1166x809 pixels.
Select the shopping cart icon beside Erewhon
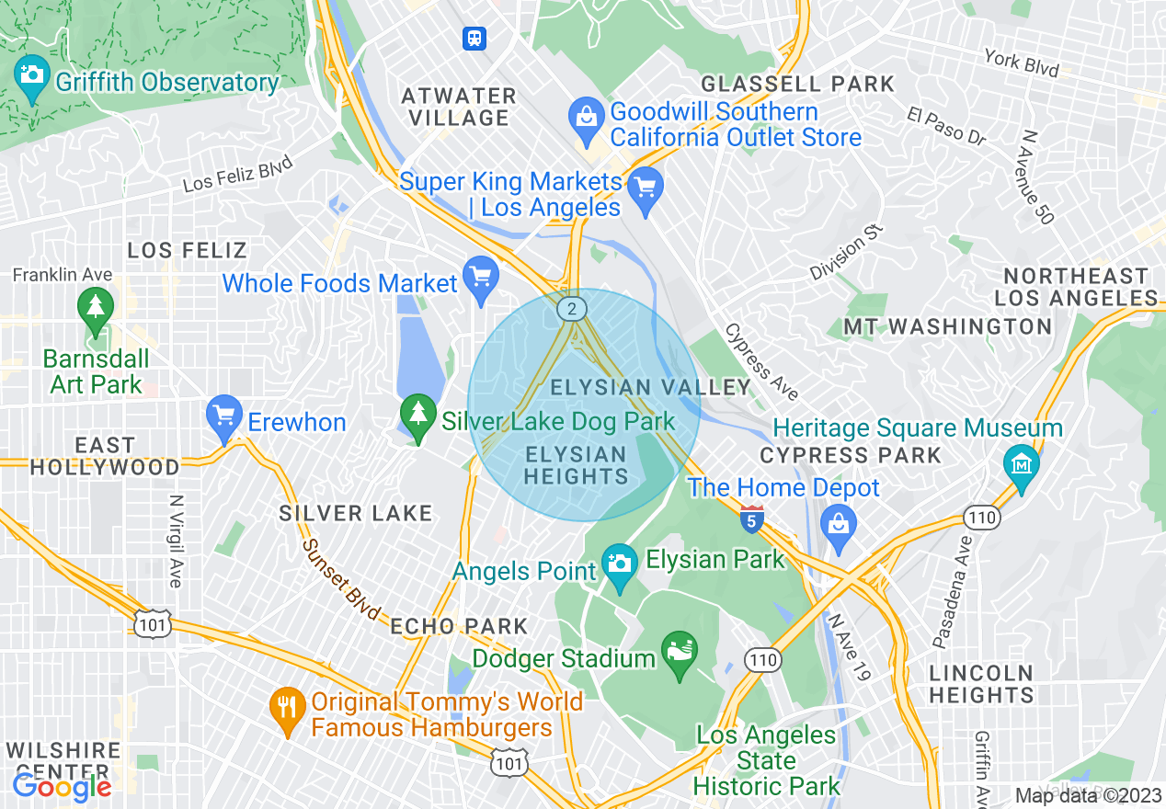coord(224,418)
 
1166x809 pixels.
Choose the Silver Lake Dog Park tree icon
coord(418,417)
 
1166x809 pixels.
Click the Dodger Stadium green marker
coord(680,654)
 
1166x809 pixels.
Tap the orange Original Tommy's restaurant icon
coord(288,709)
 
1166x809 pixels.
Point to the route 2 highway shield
coord(572,310)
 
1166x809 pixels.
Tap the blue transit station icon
coord(474,38)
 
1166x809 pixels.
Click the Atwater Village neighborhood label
coord(459,107)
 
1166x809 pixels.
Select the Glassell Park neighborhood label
coord(797,84)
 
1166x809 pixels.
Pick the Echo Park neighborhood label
coord(459,626)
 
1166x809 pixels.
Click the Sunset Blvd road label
coord(341,577)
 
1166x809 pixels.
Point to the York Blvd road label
coord(1021,63)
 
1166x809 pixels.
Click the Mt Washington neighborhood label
coord(948,326)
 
